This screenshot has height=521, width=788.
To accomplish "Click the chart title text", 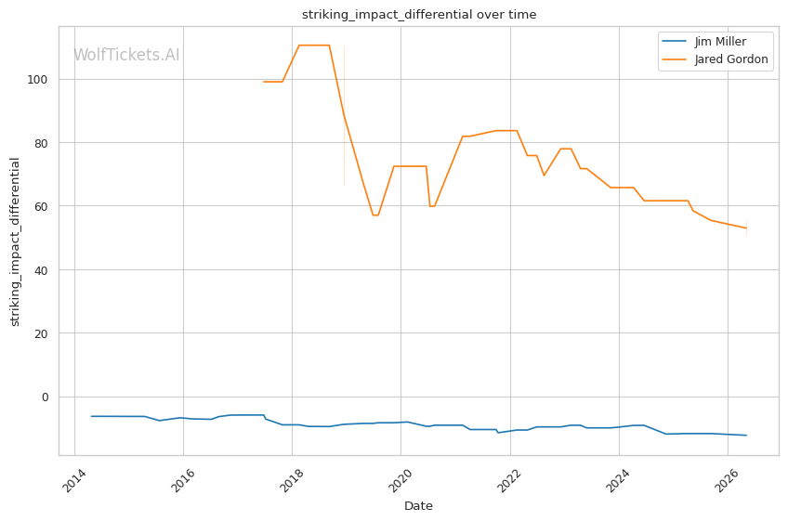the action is (x=418, y=15).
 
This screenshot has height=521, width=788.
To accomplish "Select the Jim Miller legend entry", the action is (x=704, y=41).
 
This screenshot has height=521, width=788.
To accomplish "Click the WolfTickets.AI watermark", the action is (x=126, y=55).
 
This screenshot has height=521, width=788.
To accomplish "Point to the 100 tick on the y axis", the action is (x=38, y=79).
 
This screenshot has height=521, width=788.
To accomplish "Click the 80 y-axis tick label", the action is (x=41, y=143).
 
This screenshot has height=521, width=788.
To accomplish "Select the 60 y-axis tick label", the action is (x=41, y=206).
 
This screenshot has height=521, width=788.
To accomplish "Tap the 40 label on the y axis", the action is (x=41, y=270).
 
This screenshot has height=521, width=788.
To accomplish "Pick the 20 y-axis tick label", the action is (x=41, y=333).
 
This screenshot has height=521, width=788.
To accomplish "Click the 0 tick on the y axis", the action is (x=46, y=397).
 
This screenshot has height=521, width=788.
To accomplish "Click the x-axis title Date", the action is (x=418, y=506).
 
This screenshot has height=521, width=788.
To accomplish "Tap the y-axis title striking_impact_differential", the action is (x=15, y=241).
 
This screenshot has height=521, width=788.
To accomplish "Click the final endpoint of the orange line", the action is (x=746, y=228).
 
